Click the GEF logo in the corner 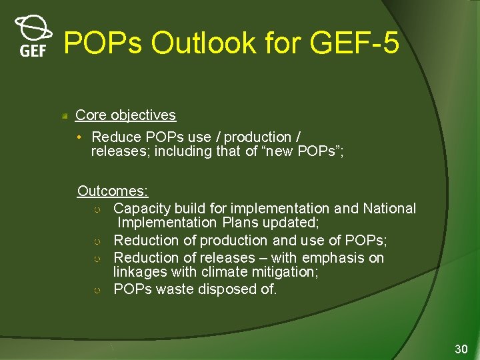33,37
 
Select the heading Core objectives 125,115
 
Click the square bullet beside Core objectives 65,116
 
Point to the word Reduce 116,137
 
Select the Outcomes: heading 113,191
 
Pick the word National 389,209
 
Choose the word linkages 139,272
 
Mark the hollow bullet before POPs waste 97,290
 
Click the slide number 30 461,349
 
